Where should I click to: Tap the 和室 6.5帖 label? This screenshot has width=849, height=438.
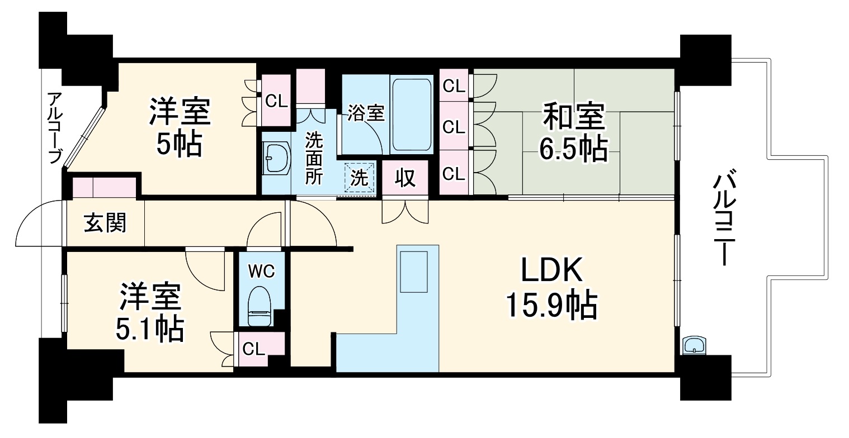(x=572, y=132)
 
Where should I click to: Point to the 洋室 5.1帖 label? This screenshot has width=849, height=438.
(x=149, y=313)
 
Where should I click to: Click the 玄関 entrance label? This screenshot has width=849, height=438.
(x=105, y=223)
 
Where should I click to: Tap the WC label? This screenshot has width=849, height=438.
(x=261, y=272)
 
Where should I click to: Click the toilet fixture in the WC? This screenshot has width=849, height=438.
(x=260, y=306)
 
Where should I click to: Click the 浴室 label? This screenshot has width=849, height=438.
(x=366, y=113)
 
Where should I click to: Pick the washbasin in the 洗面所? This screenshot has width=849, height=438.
(x=276, y=157)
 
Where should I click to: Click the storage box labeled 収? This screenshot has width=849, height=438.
(x=405, y=178)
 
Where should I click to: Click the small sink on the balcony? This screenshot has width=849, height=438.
(x=694, y=345)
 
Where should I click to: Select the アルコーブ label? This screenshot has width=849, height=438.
(x=54, y=128)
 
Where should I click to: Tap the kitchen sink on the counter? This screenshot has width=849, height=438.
(x=413, y=272)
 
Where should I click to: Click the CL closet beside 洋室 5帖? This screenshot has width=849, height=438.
(x=276, y=101)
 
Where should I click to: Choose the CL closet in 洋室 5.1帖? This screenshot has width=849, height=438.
(x=253, y=349)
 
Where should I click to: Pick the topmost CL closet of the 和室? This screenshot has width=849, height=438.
(x=454, y=86)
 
